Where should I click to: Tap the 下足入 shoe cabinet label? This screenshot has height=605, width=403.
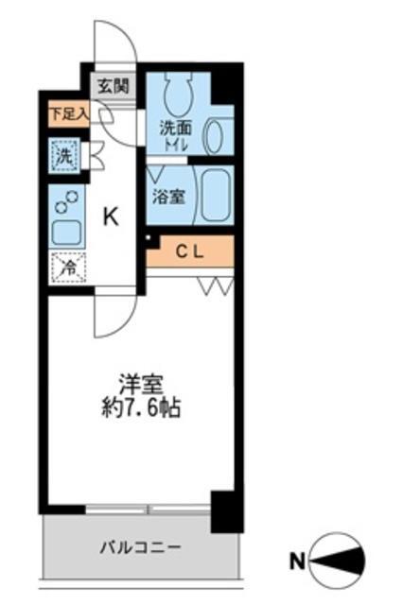(69, 114)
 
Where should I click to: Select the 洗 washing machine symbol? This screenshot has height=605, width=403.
(64, 154)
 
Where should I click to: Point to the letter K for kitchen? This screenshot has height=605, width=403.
(111, 217)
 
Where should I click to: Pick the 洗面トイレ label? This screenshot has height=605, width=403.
(176, 135)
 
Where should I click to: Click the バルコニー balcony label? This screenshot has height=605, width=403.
(141, 547)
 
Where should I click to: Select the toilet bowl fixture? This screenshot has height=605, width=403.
(177, 92)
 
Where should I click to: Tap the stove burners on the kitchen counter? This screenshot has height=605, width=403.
(65, 202)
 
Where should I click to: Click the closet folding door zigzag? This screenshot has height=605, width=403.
(215, 285)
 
